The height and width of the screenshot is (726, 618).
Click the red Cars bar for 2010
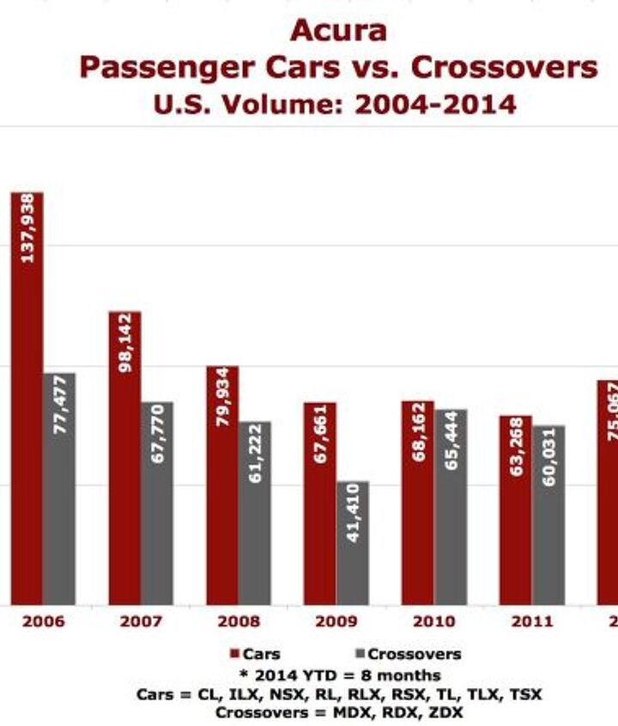418,503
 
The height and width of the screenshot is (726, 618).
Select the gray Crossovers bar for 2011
548,515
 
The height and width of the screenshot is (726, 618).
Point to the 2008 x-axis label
238,621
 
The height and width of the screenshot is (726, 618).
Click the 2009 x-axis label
336,621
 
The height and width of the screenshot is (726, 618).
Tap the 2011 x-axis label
531,621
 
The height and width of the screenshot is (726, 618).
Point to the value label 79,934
222,397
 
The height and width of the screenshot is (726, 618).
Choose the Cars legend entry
255,655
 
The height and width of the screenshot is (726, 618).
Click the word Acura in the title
338,32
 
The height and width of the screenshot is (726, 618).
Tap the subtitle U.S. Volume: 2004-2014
335,105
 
